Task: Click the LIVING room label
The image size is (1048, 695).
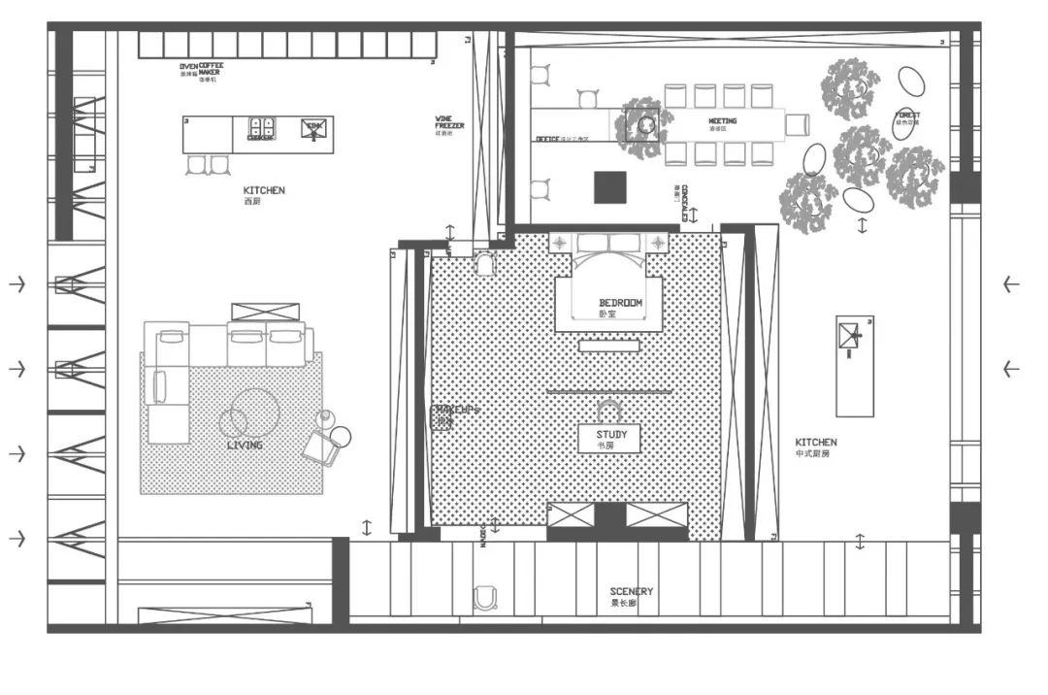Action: point(245,445)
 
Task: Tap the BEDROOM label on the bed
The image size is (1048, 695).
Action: point(621,303)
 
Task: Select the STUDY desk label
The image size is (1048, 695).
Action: point(610,436)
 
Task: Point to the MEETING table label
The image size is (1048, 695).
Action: point(723,121)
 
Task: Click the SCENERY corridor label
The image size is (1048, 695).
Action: point(631,591)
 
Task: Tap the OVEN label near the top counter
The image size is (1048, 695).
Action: point(188,67)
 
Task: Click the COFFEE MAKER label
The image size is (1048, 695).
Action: point(211,68)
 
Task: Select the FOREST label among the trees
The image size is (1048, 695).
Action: point(908,116)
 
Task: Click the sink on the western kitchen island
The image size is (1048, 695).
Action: point(313,129)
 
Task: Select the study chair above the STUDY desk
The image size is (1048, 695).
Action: point(609,409)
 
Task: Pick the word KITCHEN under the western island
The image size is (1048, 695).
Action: point(264,190)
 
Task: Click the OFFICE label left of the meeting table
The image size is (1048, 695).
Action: point(548,139)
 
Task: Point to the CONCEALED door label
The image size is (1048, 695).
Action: point(684,202)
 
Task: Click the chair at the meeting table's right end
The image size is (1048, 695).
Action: point(797,123)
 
